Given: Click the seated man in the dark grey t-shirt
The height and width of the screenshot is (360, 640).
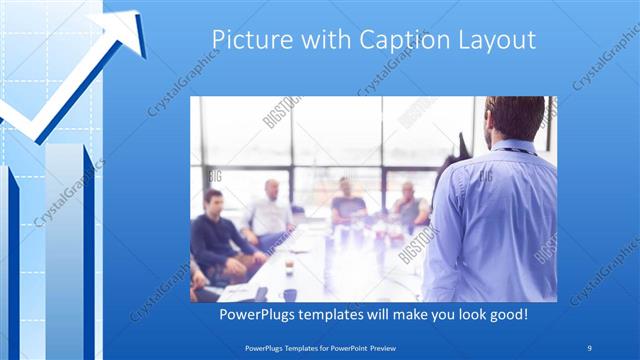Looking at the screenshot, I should click(348, 204).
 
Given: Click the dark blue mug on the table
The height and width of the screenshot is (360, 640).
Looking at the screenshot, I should click(289, 294).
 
